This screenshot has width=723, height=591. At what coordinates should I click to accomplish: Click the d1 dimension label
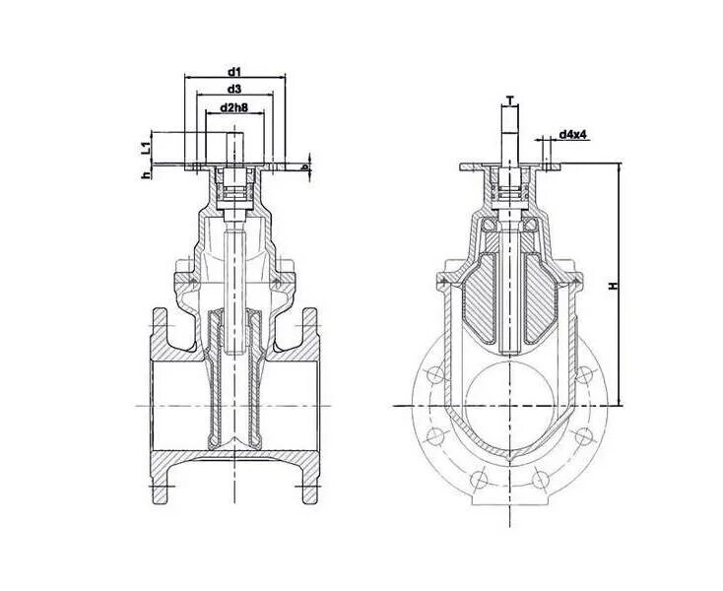point(234,71)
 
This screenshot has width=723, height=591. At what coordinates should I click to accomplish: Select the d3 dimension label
point(234,89)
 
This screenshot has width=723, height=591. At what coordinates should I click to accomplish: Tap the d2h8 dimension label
point(234,106)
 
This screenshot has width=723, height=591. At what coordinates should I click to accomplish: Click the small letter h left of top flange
point(145,174)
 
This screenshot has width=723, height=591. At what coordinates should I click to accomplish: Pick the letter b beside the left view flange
point(306,167)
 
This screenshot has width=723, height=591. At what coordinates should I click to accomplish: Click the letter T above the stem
point(509,98)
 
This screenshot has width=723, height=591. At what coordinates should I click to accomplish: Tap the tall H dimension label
point(612,285)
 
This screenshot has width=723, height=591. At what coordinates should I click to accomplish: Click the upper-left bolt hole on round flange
point(433,374)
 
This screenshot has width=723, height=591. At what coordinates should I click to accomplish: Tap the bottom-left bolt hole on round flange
point(480,480)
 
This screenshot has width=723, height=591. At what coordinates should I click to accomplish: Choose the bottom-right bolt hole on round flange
point(539,480)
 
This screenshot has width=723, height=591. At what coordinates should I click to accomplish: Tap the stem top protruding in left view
point(234,155)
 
